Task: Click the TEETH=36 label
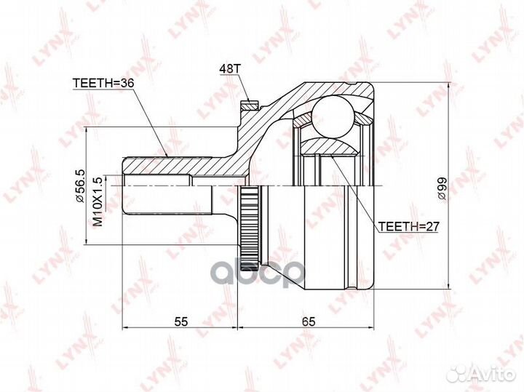tap(103, 83)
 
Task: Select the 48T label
tap(230, 68)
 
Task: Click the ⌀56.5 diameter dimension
tap(81, 185)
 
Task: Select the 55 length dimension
tap(181, 321)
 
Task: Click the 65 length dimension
tap(308, 321)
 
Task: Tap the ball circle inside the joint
tap(333, 116)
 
